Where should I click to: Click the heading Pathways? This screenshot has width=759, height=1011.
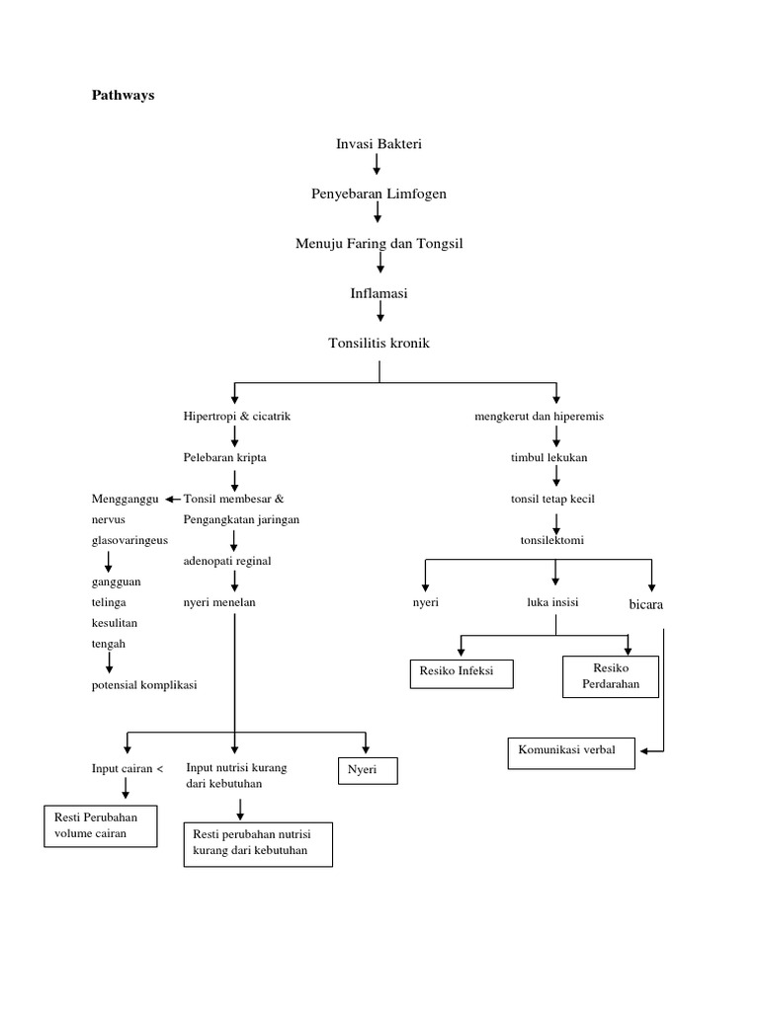pos(124,96)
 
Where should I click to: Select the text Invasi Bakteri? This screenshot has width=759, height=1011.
pos(379,144)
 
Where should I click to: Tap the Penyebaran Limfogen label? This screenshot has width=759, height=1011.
pos(379,194)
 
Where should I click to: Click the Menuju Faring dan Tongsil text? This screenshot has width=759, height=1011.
pos(379,243)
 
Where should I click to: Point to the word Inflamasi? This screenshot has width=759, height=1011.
pos(379,293)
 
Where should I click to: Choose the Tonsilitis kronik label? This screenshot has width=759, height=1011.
pos(379,343)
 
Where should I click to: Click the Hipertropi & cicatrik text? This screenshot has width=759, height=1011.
pos(237,417)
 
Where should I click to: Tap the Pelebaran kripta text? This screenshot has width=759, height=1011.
pos(224,458)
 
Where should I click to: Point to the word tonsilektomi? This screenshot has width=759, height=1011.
pos(552,539)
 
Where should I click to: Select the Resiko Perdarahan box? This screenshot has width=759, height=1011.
pos(610,676)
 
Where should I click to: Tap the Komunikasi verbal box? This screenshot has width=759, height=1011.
pos(570,752)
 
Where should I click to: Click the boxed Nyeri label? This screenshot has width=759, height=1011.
pos(368,770)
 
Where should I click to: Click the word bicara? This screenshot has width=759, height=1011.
pos(646,602)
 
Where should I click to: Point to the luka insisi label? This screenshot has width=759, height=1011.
pos(552,601)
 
